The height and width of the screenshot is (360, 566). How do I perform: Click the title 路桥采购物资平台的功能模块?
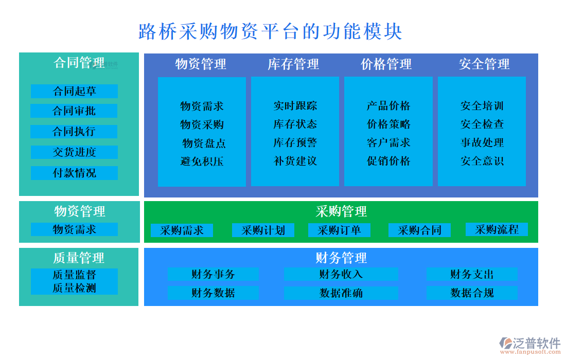coord(270,31)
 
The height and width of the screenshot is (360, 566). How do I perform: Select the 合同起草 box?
coord(74,91)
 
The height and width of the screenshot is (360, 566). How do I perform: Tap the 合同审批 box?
coord(74,111)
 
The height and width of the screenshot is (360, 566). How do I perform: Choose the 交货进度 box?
coord(74,152)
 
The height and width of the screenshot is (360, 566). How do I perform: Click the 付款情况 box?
coord(74,173)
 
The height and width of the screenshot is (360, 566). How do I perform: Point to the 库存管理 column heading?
coord(293,64)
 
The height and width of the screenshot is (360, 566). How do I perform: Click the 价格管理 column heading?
coord(386,64)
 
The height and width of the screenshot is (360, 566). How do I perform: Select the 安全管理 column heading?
coord(484,64)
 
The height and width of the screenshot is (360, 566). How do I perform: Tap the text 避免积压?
coord(202,161)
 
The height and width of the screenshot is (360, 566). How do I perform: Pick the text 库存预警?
coord(295,142)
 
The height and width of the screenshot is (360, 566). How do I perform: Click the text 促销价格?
coord(388,161)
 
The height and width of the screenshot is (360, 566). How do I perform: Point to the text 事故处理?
coord(482,142)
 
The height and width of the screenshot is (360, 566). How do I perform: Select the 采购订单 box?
coord(340,230)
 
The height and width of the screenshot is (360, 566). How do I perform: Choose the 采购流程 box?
coord(497,229)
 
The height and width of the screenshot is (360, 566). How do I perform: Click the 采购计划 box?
coord(263,230)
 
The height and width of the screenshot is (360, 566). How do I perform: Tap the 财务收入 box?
coord(341,274)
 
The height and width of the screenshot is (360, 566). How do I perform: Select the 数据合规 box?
coord(472,293)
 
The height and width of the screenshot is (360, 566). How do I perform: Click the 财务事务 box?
coord(213,274)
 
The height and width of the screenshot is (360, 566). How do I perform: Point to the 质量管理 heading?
coord(79,257)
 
